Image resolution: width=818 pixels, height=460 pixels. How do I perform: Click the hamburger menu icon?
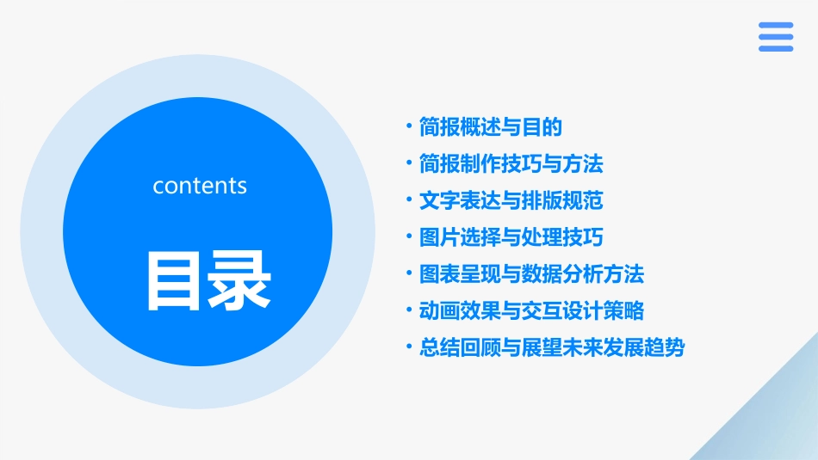pos(776,37)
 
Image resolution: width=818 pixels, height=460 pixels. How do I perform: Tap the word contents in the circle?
pos(200,186)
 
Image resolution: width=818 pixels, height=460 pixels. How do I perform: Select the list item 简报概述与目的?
pos(490,128)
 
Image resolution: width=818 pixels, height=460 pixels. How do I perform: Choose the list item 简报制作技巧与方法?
pos(511,163)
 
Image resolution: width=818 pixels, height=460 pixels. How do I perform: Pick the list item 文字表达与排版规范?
pos(511,200)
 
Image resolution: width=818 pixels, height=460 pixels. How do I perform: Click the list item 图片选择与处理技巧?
pos(511,237)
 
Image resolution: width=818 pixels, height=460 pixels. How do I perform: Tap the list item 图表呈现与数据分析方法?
pos(531,274)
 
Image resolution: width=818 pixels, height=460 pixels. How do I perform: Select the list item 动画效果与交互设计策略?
pos(531,310)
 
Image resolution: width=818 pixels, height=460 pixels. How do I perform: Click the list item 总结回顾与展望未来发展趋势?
pos(552,347)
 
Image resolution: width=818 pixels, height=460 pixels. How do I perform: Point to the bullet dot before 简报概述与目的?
pos(409,128)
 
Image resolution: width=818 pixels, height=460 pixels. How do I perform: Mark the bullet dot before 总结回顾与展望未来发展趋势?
pos(409,347)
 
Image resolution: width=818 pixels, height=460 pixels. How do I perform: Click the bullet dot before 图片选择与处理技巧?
pos(409,237)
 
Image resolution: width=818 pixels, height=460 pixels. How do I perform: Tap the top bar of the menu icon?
pos(776,25)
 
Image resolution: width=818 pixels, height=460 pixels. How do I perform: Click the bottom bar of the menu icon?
pos(776,49)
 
